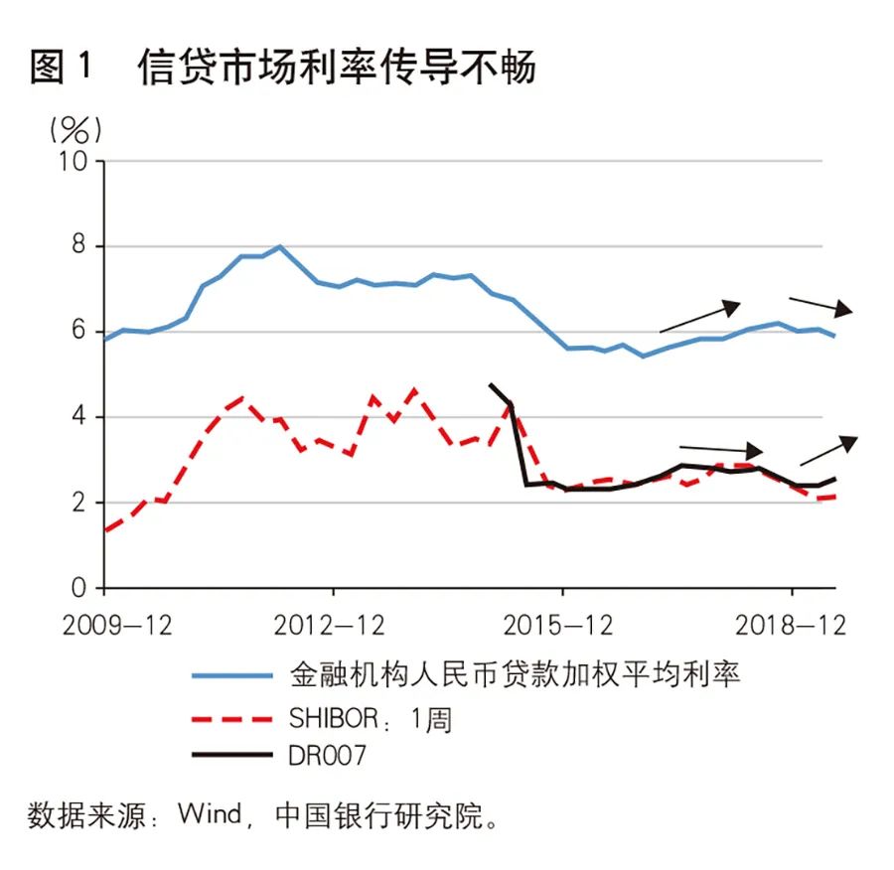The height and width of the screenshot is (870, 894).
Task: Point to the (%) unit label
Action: coord(71,128)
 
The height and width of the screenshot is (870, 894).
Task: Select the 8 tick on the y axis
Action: coord(81,246)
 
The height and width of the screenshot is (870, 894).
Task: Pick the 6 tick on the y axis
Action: coord(81,332)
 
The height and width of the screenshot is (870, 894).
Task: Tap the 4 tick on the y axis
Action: coord(81,417)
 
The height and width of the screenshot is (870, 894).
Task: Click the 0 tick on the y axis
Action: coord(81,589)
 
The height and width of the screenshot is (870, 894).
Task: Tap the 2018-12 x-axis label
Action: coord(792,627)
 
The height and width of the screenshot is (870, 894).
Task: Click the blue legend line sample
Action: coord(231,675)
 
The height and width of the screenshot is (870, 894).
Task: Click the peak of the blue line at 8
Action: coord(280,246)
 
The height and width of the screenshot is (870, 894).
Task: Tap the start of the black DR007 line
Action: coord(491,384)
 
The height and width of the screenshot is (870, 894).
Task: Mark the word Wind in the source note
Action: coord(209,814)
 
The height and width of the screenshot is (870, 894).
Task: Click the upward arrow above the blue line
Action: coord(700,317)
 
